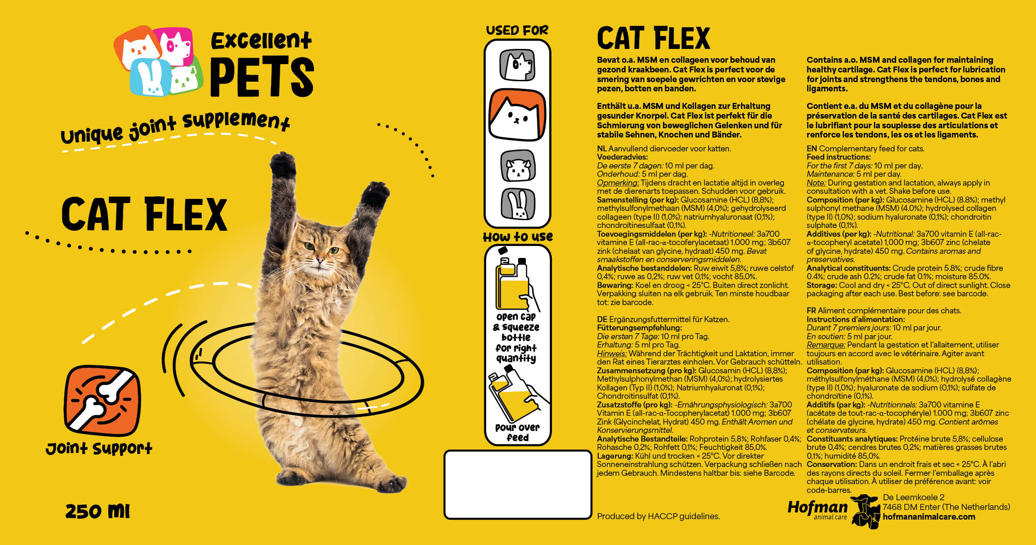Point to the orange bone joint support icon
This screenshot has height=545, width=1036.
(102, 401)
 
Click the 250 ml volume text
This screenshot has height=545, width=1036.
(97, 511)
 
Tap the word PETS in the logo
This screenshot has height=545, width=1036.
(262, 77)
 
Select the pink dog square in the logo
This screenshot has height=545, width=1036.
(174, 46)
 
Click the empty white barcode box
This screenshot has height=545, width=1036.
(518, 485)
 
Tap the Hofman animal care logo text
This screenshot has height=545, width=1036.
(817, 508)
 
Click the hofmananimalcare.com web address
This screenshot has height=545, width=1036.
(929, 517)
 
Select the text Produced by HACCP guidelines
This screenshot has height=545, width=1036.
(658, 516)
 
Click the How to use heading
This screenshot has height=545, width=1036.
(518, 237)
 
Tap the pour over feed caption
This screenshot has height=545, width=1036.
(517, 432)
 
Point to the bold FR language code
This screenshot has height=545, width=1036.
(811, 311)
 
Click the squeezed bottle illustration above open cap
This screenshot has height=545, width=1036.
(515, 281)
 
